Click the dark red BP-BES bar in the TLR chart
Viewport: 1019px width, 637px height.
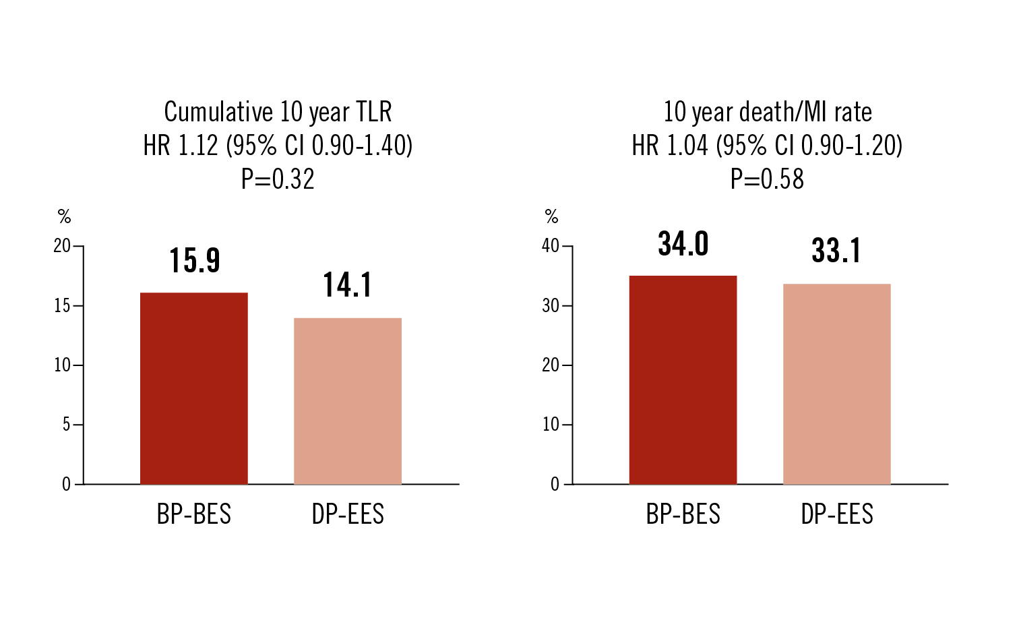tap(194, 388)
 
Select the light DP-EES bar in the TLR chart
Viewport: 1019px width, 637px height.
tap(348, 401)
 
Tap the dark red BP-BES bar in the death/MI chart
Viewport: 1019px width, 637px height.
tap(683, 380)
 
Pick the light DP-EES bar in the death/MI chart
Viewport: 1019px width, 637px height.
tap(837, 384)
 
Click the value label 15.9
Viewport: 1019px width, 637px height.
tap(195, 261)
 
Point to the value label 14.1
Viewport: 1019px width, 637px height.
tap(347, 285)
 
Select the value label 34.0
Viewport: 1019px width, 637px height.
tap(683, 243)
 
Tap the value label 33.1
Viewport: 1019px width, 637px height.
tap(836, 251)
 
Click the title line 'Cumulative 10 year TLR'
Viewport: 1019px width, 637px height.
tap(278, 112)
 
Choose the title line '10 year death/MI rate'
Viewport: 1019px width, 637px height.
tap(768, 112)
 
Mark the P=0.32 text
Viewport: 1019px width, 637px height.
tap(278, 179)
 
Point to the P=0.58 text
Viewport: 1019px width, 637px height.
tap(768, 179)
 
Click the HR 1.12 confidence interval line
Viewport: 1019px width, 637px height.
tap(278, 146)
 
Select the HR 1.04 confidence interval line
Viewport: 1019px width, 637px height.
tap(767, 146)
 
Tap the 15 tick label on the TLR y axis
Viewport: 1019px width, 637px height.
tap(62, 306)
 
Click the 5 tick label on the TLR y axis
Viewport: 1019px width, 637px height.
tap(66, 425)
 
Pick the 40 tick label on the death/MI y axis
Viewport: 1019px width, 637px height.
tap(551, 246)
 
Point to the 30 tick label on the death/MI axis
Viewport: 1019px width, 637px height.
tap(551, 306)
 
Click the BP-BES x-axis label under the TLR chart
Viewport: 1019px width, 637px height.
tap(194, 515)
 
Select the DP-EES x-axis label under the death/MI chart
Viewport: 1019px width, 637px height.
tap(837, 515)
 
